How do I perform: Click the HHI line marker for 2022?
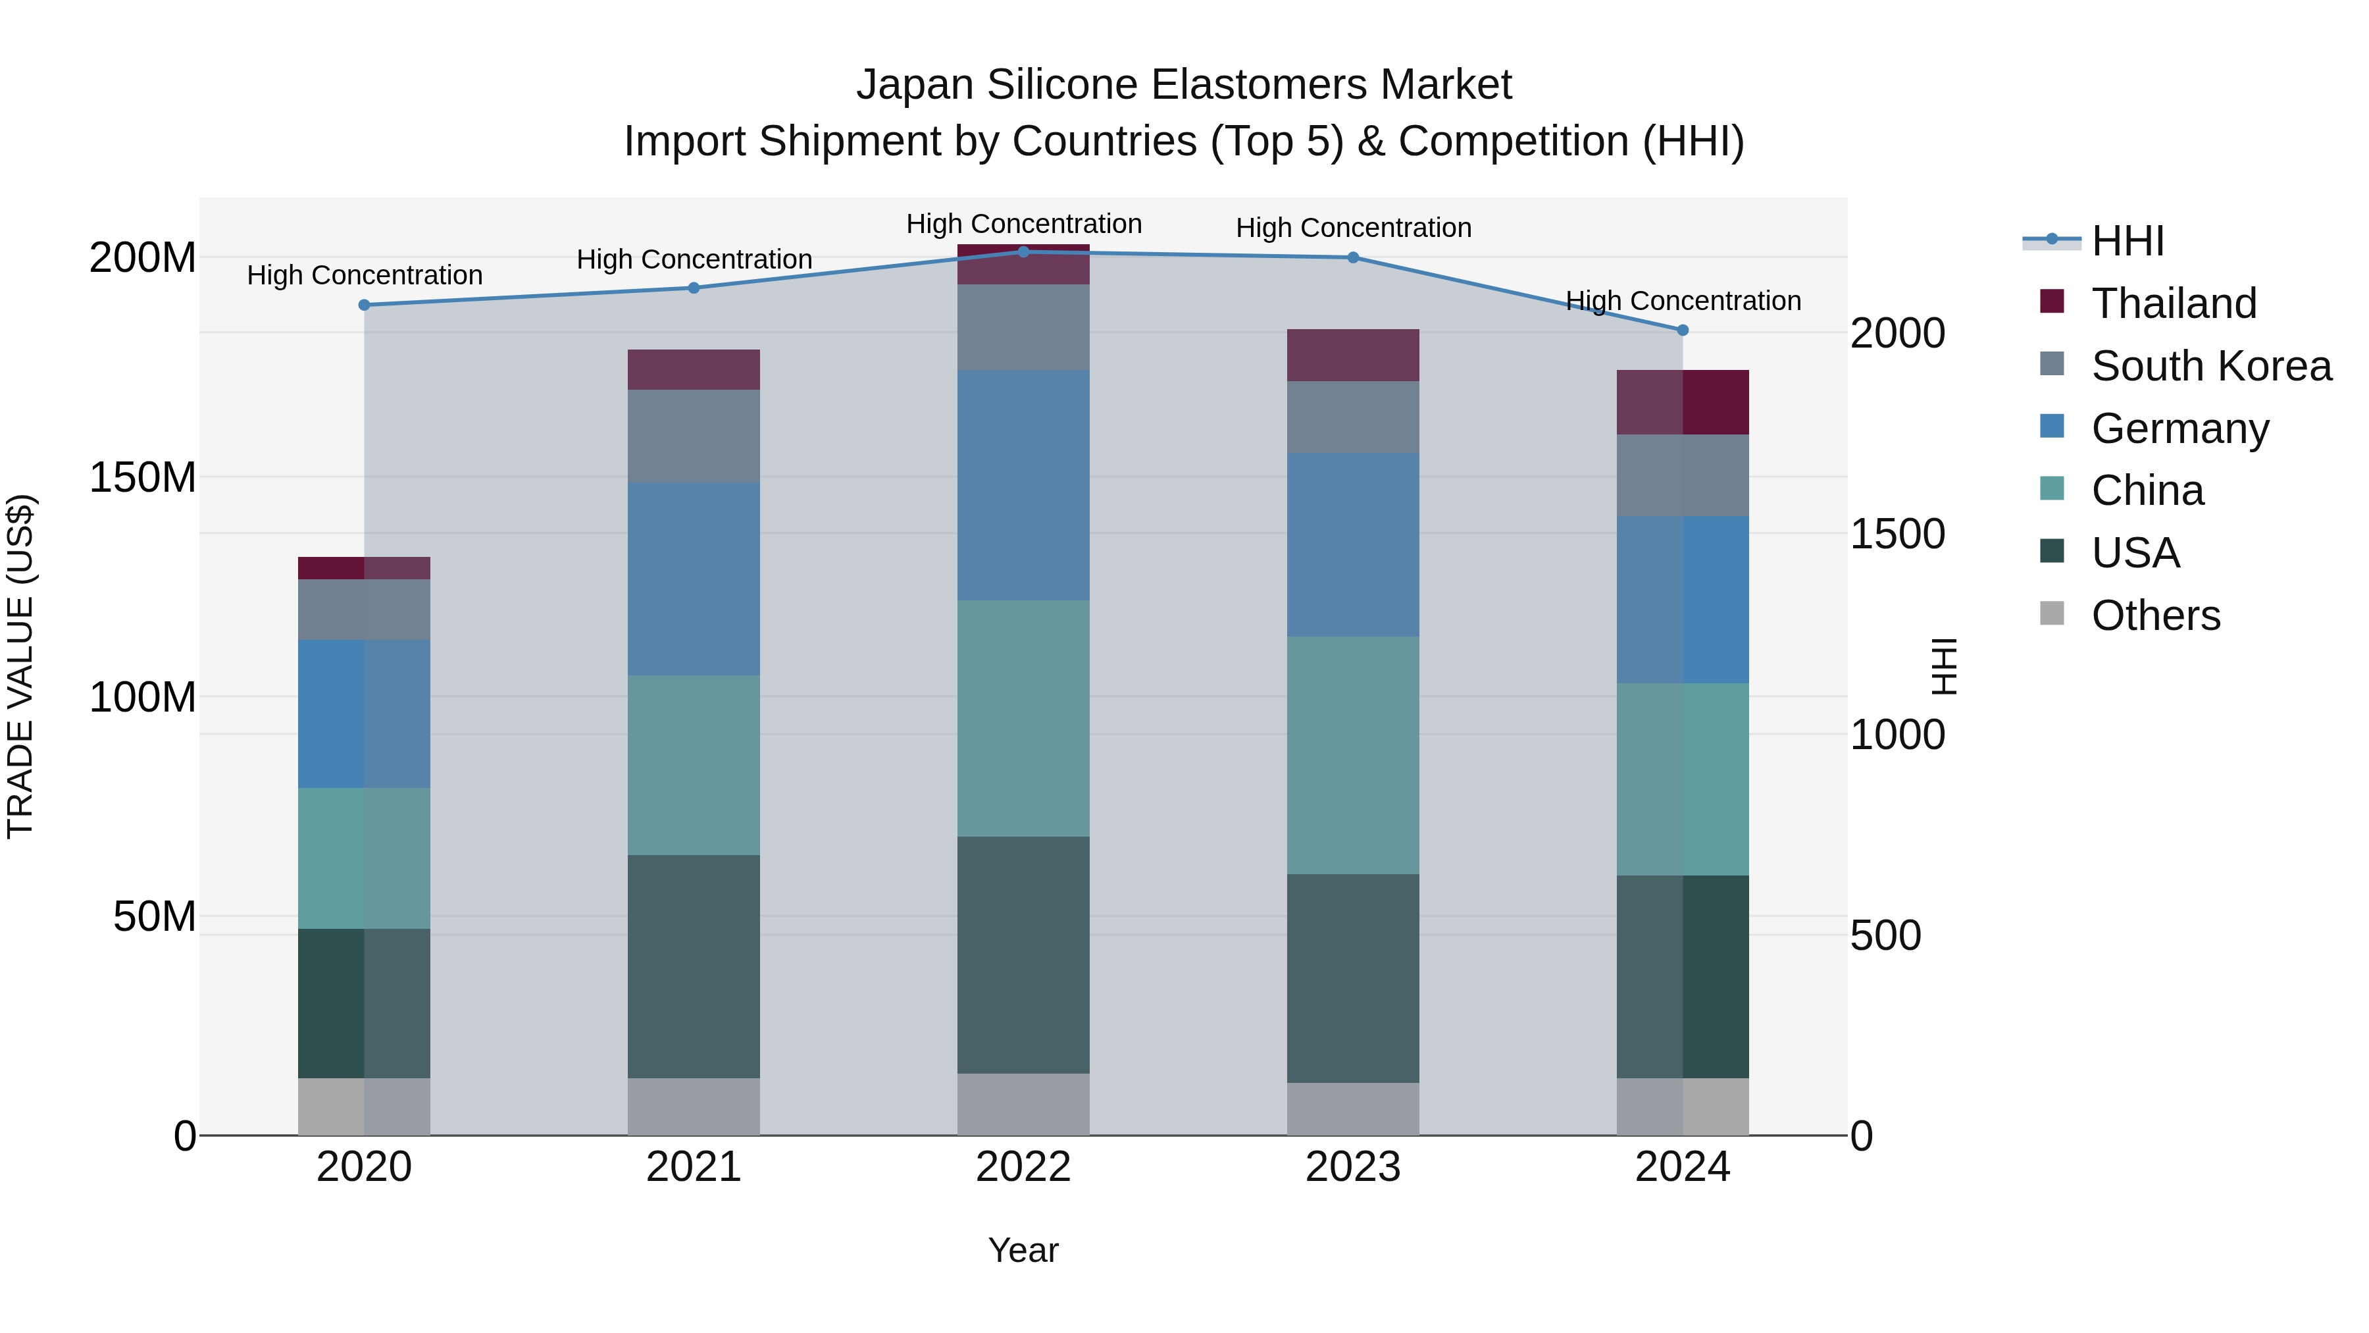coord(1023,251)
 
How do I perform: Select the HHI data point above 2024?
coord(1682,329)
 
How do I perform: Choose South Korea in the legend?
coord(2211,366)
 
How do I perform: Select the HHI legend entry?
coord(2127,241)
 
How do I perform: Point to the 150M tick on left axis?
coord(143,477)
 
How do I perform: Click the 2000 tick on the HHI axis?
coord(1897,333)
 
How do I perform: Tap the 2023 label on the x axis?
coord(1353,1167)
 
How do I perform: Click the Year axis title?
coord(1023,1250)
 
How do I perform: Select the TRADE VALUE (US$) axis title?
coord(20,666)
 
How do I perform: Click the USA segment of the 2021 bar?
coord(694,966)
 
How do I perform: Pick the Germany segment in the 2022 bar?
coord(1023,486)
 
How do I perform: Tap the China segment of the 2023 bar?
coord(1353,754)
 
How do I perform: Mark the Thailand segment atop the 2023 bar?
coord(1353,355)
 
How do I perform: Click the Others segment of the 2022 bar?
coord(1023,1104)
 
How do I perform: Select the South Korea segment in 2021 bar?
coord(694,436)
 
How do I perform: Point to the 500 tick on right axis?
coord(1885,935)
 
